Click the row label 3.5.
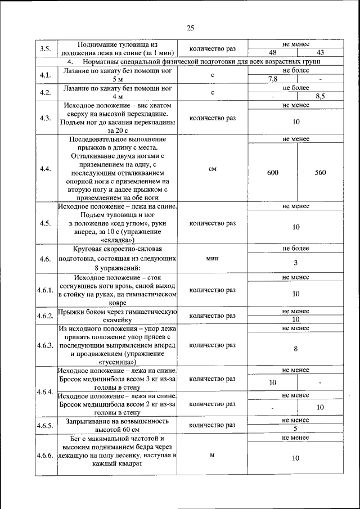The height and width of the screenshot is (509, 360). (46, 48)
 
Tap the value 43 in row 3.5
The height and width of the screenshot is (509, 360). (320, 52)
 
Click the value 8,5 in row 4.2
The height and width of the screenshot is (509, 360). (320, 96)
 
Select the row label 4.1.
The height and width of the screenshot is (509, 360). (46, 75)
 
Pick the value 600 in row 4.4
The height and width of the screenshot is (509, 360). (272, 173)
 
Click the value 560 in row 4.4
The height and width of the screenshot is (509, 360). (320, 173)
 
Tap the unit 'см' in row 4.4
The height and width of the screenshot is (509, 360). (213, 168)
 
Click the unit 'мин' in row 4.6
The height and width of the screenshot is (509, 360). (213, 258)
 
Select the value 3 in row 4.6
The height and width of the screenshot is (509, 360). (296, 263)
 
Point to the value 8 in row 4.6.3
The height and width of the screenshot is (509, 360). (296, 349)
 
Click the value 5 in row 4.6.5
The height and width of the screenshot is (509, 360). (296, 428)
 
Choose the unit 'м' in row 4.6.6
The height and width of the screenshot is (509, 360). (213, 454)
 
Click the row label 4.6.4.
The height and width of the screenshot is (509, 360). (46, 391)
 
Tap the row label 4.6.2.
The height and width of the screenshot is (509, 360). (46, 316)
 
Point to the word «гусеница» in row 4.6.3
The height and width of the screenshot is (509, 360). (118, 363)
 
